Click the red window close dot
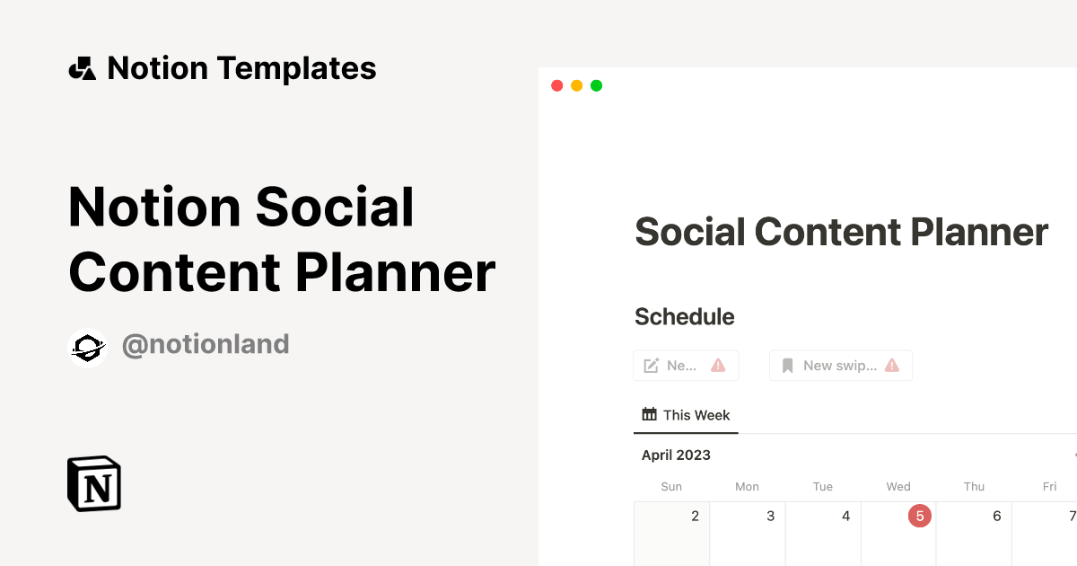556,85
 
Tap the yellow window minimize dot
576,85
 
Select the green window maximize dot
596,85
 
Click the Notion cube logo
94,483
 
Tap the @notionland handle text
206,344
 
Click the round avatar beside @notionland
88,348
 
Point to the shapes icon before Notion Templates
82,68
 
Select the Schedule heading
684,316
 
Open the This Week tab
687,415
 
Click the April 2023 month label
676,455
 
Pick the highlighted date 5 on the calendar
920,516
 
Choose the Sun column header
671,486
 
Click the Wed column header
898,486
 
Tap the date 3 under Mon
770,516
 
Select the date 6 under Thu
996,516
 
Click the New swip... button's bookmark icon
788,366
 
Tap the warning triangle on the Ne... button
718,366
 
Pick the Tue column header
823,486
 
